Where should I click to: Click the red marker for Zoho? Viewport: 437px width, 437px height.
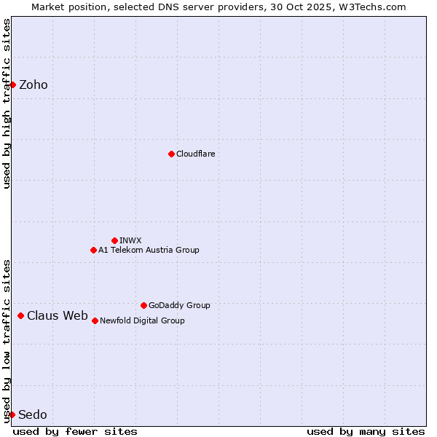coord(12,84)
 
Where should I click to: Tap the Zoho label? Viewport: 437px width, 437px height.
coord(34,84)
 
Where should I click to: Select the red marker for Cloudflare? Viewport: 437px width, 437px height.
coord(171,154)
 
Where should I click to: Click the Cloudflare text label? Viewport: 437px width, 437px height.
coord(195,154)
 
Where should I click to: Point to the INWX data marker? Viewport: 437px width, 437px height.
coord(114,240)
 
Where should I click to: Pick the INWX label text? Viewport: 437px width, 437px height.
coord(130,240)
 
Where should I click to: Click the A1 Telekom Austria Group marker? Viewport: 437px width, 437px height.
coord(93,250)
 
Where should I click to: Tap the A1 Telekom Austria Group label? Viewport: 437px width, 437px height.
coord(149,250)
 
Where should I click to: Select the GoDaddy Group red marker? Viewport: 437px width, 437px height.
coord(143,305)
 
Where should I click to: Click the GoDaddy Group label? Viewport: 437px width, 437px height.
coord(179,305)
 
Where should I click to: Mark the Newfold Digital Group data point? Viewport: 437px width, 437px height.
coord(95,320)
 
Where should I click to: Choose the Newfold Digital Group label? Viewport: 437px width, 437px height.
coord(142,320)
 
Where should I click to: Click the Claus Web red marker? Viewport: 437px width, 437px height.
coord(20,315)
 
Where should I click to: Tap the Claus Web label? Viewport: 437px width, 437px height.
coord(58,315)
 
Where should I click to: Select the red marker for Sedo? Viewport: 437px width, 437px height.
coord(12,414)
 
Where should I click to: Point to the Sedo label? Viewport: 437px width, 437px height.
coord(33,414)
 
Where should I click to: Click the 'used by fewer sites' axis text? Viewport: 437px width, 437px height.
coord(75,431)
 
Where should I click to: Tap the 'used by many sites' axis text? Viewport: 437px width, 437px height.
coord(366,431)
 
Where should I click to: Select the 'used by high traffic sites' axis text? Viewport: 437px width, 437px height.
coord(7,103)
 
